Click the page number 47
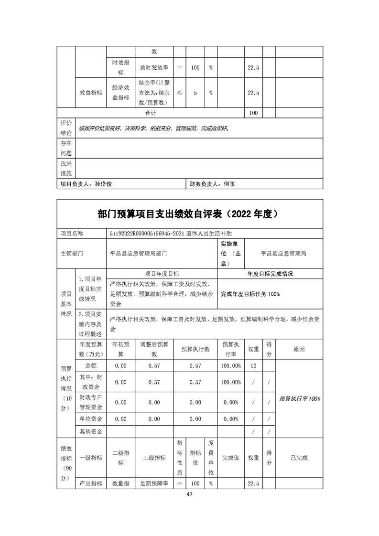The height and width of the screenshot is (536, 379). point(190,494)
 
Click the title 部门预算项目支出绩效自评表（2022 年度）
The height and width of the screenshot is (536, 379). point(190,214)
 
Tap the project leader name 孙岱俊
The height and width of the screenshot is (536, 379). point(103,183)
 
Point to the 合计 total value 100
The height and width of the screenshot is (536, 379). point(253,113)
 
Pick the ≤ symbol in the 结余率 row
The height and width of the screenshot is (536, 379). point(179,93)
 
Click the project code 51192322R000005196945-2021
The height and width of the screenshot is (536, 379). point(154,234)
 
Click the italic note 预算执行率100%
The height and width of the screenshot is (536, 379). point(300,398)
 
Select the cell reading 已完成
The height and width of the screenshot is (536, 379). point(300,458)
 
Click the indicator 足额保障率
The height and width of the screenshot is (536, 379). point(154,484)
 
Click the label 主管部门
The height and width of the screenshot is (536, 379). point(72,254)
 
